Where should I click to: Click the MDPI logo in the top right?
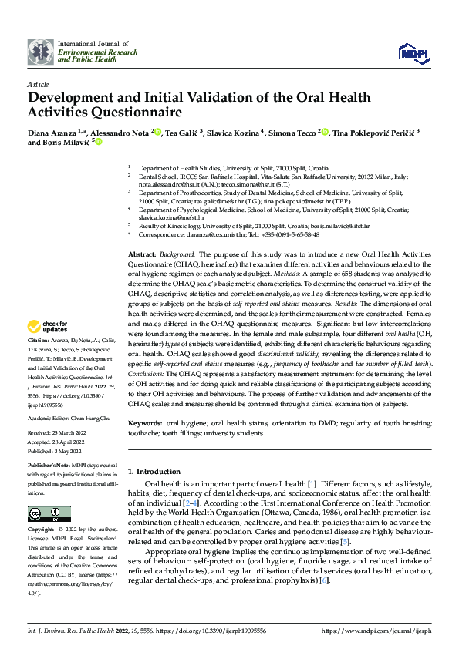coord(413,51)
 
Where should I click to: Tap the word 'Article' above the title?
coord(38,84)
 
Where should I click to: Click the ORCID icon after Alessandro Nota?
coord(158,133)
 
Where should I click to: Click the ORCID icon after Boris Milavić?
coord(99,142)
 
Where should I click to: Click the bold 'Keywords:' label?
coord(145,424)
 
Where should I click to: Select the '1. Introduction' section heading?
coord(154,471)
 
